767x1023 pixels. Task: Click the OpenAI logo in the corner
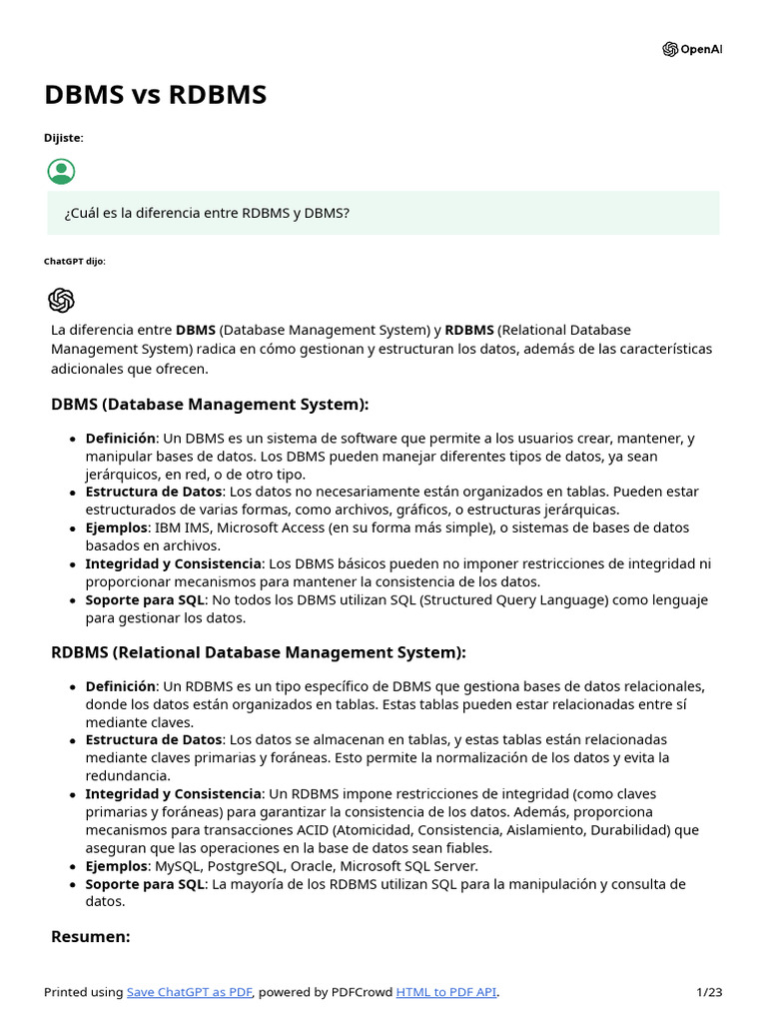click(691, 49)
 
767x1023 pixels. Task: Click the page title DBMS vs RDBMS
click(155, 95)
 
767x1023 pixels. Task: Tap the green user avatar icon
click(61, 171)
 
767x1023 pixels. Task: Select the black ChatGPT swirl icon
click(61, 300)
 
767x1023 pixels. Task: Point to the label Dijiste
click(63, 137)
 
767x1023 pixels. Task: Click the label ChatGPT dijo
click(74, 261)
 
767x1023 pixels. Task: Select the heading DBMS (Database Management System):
click(210, 404)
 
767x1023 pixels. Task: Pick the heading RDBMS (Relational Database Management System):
click(258, 651)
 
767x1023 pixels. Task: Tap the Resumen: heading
click(91, 936)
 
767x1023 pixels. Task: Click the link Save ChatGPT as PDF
click(190, 992)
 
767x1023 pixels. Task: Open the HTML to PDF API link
click(445, 992)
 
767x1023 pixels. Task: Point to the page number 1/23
click(709, 992)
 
